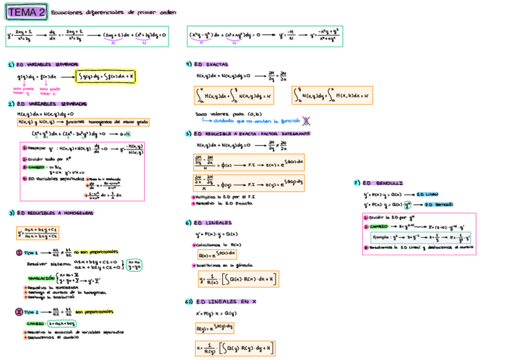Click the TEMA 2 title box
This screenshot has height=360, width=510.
click(x=26, y=12)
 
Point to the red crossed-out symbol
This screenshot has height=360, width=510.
click(x=307, y=121)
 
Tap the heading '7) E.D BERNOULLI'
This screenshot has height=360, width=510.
click(x=378, y=183)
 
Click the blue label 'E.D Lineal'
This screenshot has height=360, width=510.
click(x=428, y=194)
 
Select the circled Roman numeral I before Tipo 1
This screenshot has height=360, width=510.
click(x=19, y=252)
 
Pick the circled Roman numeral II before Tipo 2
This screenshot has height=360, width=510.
click(x=19, y=311)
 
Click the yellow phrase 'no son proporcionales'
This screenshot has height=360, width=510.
click(x=96, y=252)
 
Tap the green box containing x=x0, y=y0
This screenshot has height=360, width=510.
click(x=133, y=265)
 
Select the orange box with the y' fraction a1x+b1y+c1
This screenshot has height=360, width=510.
click(x=37, y=233)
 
